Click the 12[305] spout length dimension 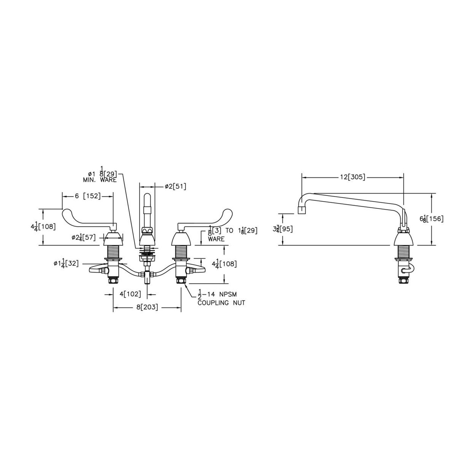click(352, 177)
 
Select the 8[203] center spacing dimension click(147, 307)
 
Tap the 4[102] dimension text click(130, 294)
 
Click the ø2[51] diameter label click(175, 186)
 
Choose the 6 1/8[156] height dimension click(432, 219)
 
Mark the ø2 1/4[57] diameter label click(83, 237)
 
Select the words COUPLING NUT click(221, 303)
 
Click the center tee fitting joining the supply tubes click(147, 275)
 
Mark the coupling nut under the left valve click(113, 281)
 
